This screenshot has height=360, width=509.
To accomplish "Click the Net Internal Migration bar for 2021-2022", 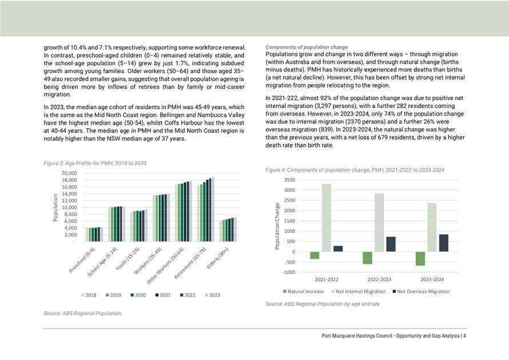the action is point(326,218).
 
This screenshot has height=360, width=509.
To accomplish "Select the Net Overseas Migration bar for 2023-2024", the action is point(443,243).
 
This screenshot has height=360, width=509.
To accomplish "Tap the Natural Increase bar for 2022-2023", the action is point(368,258).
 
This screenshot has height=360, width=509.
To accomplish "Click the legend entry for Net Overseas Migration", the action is point(421,291).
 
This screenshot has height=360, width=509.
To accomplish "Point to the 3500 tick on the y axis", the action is point(289,179).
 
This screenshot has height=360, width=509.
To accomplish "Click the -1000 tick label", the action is point(289,273).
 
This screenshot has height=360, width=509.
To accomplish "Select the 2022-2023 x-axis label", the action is point(379,279).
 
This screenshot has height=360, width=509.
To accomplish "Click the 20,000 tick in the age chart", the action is point(69,173).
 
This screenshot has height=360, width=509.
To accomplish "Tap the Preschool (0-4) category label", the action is point(82,260).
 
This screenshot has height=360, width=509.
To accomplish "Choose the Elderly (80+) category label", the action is point(218,258).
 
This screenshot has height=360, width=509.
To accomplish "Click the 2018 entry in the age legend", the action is point(89,295).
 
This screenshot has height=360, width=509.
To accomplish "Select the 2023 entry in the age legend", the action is point(212,295).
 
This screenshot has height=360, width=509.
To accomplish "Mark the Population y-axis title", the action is point(55,207).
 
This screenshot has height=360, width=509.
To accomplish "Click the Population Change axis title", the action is point(277,226).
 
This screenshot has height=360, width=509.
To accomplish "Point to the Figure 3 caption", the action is point(95,163).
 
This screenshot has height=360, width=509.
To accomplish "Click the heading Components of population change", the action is point(307,47).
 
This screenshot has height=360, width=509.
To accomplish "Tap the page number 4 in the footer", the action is point(465,335).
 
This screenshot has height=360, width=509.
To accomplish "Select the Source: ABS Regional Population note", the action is point(82,313).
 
